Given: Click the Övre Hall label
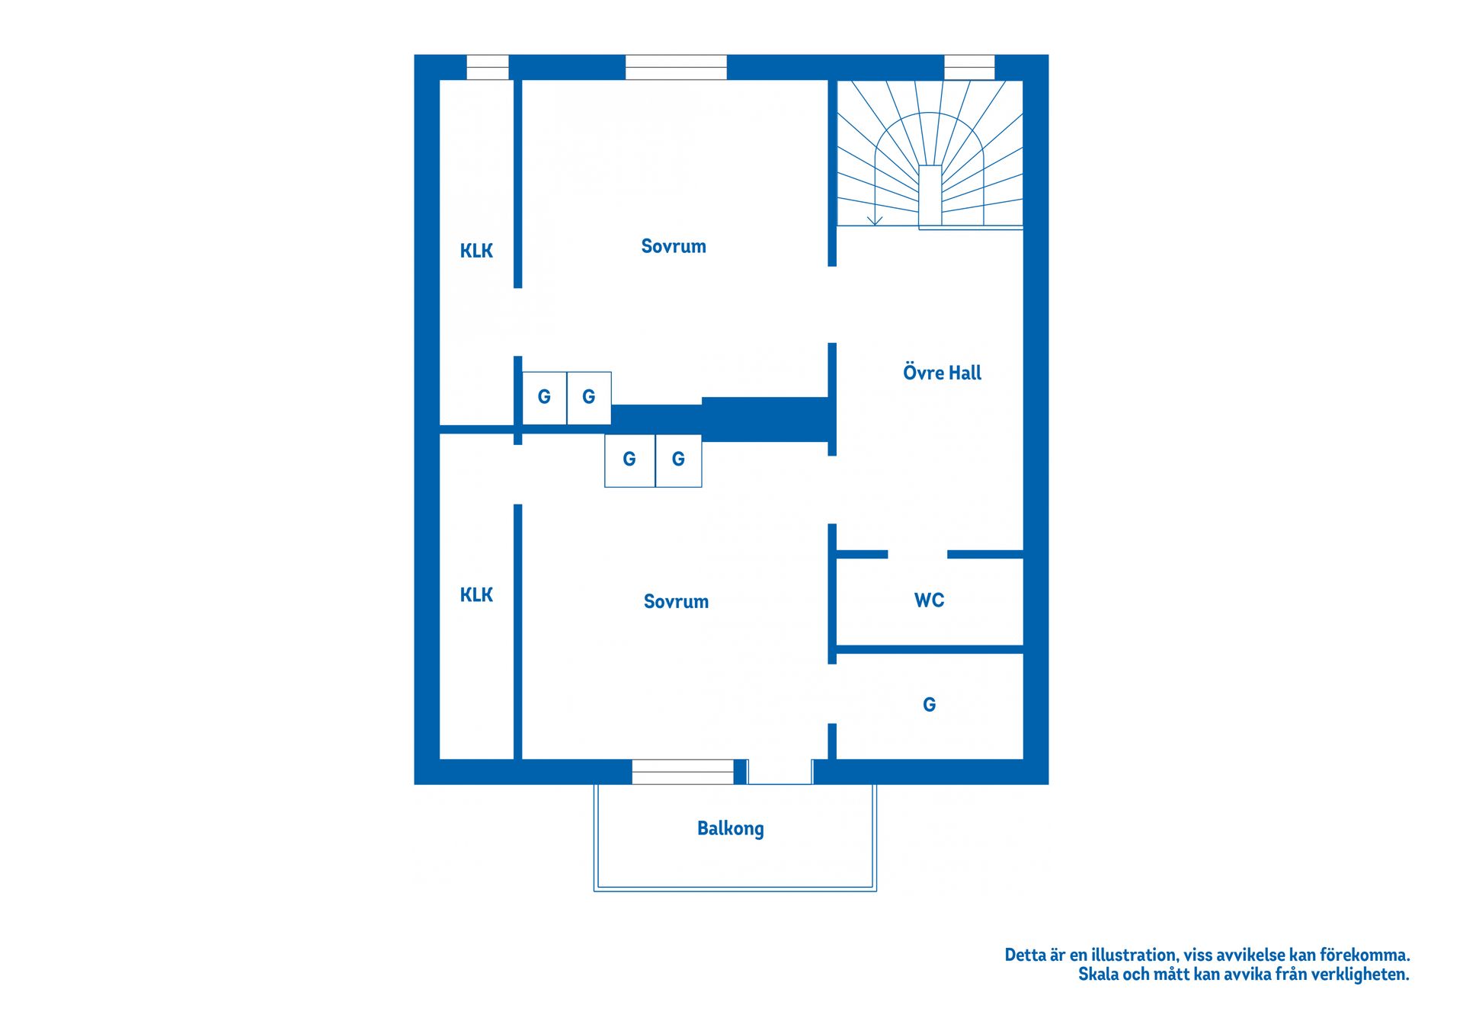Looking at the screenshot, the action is (942, 373).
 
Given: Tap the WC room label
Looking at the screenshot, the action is (929, 600).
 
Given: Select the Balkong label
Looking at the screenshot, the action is (730, 828).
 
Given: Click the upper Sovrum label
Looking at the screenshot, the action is (674, 246).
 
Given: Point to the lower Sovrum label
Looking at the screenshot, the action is (676, 601).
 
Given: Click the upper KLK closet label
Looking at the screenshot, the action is (476, 251).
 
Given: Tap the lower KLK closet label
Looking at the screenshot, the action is (476, 595).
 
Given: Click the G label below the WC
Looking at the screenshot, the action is (929, 705).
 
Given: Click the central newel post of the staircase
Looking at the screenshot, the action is (930, 196).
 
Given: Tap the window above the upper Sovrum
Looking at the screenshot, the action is (676, 67).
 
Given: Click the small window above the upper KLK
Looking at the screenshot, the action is (488, 67).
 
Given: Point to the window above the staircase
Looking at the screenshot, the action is (969, 67).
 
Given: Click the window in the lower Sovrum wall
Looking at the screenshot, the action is (683, 772).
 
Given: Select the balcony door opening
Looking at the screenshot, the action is (780, 772).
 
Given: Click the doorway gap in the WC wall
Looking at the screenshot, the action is (917, 554).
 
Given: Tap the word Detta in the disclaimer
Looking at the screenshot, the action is (1025, 955).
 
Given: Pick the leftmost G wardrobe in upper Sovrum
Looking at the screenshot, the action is (544, 398).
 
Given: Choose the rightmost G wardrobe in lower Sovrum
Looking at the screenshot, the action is (678, 460).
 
